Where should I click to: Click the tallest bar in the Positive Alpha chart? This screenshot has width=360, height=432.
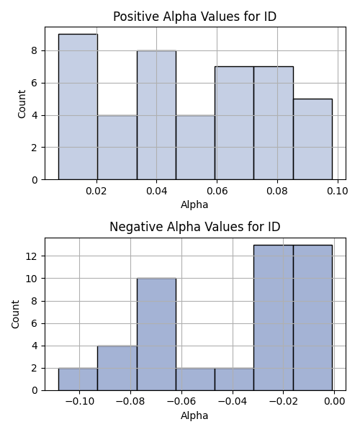(x=78, y=107)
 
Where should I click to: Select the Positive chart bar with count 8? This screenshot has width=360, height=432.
(x=156, y=115)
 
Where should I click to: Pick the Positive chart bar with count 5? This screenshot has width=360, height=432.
(x=313, y=139)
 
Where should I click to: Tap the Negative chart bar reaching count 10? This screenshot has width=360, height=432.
(x=156, y=334)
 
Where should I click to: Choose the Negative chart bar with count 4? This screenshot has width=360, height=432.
(x=117, y=368)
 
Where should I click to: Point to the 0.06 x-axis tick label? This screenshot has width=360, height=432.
(x=217, y=191)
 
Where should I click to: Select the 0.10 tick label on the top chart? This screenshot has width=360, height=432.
(x=338, y=191)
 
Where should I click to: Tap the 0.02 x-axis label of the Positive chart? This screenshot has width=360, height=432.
(x=96, y=191)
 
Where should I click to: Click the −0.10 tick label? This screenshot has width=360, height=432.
(x=80, y=402)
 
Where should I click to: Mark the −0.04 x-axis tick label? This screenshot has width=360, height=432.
(x=233, y=402)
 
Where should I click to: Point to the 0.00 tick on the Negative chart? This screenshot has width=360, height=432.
(x=335, y=402)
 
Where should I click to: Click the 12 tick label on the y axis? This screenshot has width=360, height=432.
(x=32, y=256)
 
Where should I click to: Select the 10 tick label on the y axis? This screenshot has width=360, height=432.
(x=32, y=279)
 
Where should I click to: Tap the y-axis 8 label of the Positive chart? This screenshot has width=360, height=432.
(x=35, y=51)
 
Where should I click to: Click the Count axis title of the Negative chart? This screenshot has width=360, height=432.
(x=15, y=315)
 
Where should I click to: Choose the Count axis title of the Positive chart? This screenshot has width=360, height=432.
(x=22, y=104)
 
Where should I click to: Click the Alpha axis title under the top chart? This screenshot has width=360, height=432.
(x=194, y=204)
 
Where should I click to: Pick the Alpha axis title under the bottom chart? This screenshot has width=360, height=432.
(x=194, y=415)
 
